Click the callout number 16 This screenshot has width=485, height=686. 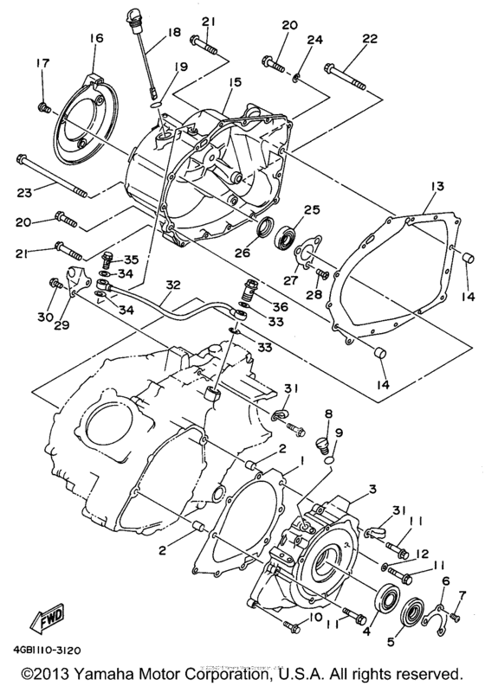pyautogui.click(x=94, y=38)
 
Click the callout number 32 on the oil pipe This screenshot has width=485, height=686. pyautogui.click(x=173, y=283)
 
